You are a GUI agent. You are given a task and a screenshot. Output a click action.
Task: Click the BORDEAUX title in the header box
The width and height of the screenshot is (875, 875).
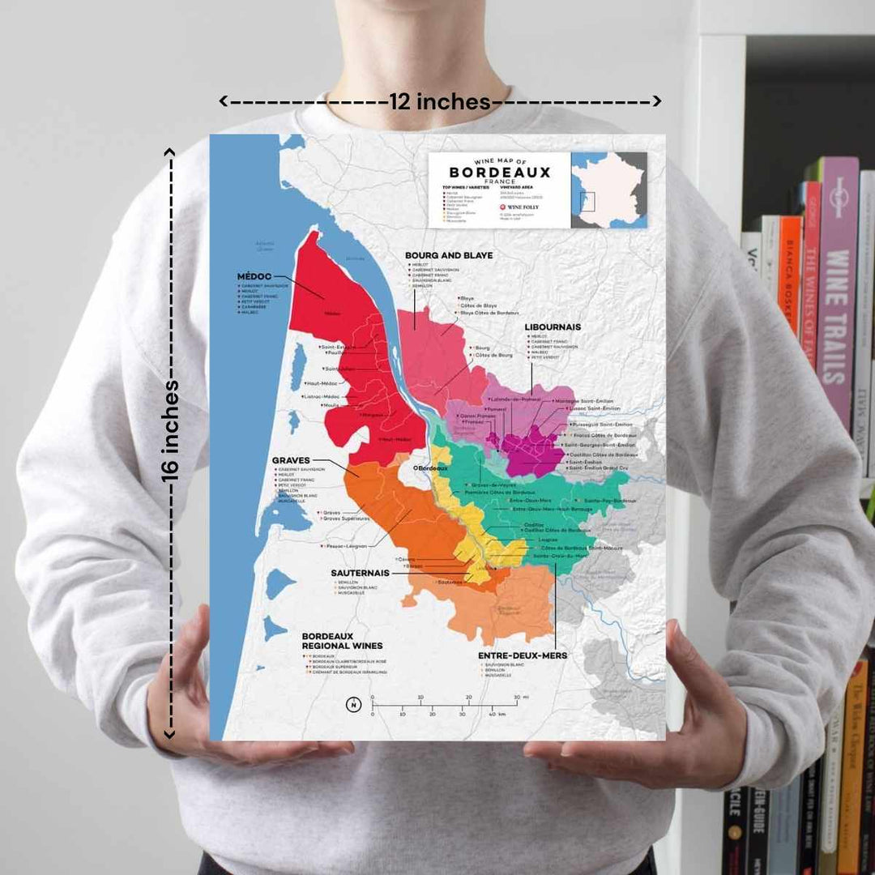click(x=499, y=173)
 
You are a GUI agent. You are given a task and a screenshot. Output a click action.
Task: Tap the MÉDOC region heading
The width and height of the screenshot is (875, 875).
click(x=254, y=276)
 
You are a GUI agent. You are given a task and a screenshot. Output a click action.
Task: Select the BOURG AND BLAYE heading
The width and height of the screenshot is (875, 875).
click(x=449, y=255)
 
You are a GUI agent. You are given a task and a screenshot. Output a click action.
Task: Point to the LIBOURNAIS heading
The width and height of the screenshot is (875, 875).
click(x=553, y=327)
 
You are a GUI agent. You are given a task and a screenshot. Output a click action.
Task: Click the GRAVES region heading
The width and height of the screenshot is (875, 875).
click(x=291, y=461)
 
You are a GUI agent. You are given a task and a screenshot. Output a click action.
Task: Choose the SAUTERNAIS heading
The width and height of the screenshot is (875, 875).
click(x=360, y=573)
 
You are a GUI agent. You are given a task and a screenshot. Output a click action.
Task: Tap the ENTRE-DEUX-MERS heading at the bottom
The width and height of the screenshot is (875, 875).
click(x=523, y=655)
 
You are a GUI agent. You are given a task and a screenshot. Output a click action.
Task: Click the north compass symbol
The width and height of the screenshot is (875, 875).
click(x=353, y=704)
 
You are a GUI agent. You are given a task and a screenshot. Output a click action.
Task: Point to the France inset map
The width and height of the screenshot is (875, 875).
click(x=608, y=190)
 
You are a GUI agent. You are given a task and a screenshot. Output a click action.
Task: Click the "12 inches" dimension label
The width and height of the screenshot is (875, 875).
click(x=440, y=102)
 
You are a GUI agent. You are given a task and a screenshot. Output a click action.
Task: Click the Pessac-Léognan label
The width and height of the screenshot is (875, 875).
click(x=346, y=547)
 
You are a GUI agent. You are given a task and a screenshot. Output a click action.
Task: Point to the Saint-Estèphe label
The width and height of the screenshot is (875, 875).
click(x=338, y=347)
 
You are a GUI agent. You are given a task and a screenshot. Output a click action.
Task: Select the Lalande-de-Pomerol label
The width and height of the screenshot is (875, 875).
click(x=519, y=400)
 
